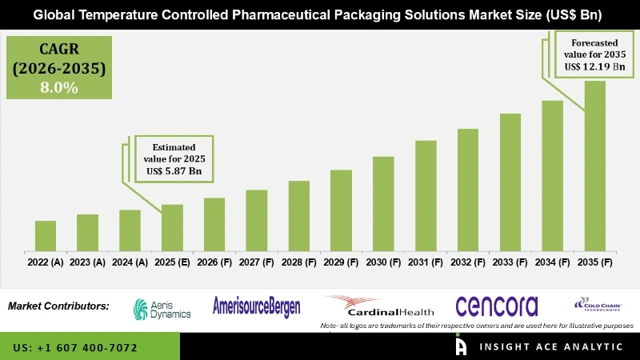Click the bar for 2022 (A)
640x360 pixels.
click(x=46, y=235)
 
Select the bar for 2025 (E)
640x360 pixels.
click(x=172, y=227)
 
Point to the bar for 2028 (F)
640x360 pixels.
click(x=298, y=215)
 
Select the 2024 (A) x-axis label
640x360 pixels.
click(x=130, y=262)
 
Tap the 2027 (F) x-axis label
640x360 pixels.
click(x=256, y=262)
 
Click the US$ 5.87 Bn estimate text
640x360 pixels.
click(x=174, y=170)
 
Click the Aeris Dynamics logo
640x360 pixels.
click(x=162, y=308)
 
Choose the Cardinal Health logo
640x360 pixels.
click(x=379, y=306)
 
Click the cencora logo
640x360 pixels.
click(x=496, y=306)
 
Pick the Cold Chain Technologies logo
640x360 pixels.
click(x=599, y=305)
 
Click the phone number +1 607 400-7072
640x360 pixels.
click(x=75, y=349)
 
